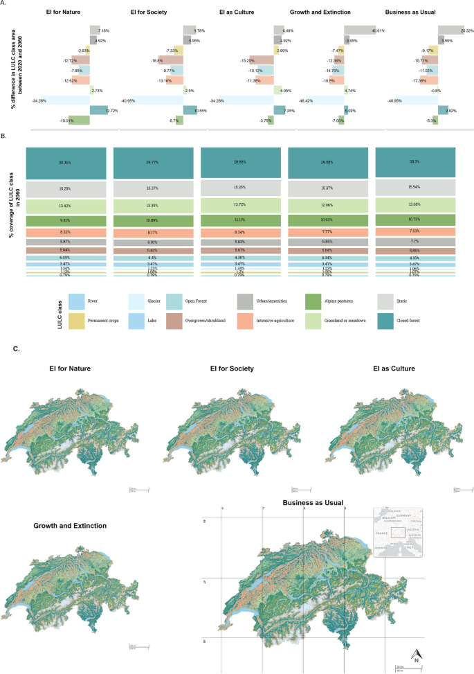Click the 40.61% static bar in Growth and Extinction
click(x=359, y=30)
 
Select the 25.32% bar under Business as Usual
click(x=450, y=30)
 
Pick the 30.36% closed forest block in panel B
click(x=66, y=163)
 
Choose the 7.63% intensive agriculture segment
click(x=414, y=231)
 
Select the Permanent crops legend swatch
click(x=78, y=321)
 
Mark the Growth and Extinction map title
click(x=70, y=526)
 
